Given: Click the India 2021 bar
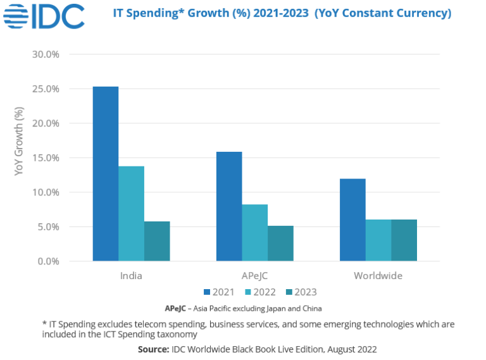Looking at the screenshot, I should click(x=105, y=173).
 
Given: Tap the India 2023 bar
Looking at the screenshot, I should click(x=157, y=241).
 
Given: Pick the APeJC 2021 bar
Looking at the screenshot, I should click(x=229, y=206).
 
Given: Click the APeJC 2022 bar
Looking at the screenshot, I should click(x=254, y=232).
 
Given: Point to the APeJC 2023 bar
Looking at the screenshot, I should click(x=280, y=243).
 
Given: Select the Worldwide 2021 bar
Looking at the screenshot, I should click(x=352, y=220).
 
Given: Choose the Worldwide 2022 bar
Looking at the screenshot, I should click(x=378, y=240).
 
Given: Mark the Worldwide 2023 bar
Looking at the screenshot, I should click(x=404, y=240).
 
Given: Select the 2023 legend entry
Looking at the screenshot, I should click(x=301, y=292).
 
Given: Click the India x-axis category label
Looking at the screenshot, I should click(x=131, y=276).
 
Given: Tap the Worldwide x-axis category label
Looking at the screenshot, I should click(x=378, y=276).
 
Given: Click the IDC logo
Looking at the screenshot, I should click(x=44, y=16).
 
